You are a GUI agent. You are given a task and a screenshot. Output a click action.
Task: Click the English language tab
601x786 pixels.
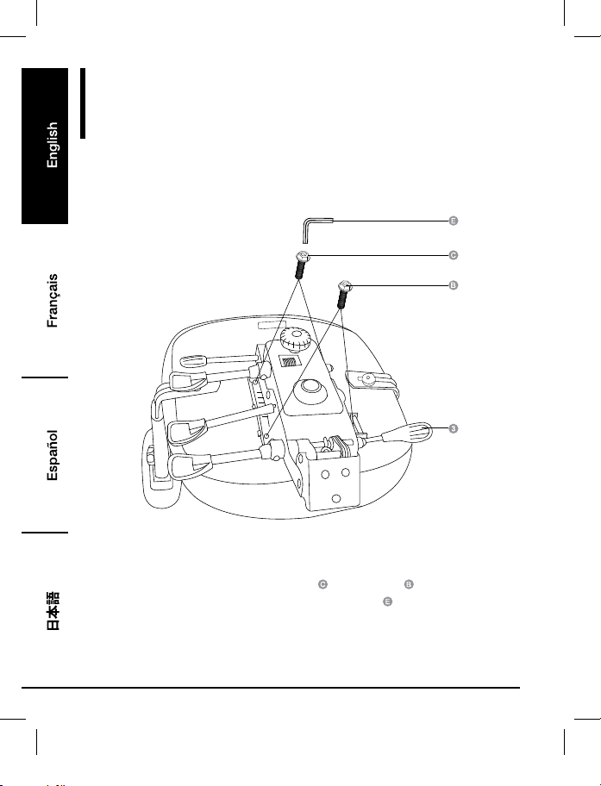coord(45,146)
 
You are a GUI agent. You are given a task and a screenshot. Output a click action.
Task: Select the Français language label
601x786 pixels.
coord(53,301)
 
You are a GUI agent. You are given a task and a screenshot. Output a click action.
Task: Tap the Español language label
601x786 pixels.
coord(53,455)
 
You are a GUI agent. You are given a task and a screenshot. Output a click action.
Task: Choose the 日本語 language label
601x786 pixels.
coord(53,610)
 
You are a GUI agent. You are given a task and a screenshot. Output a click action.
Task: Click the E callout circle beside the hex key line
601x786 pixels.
coord(454,221)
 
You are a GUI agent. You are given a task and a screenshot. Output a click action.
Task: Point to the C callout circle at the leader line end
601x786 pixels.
coord(454,255)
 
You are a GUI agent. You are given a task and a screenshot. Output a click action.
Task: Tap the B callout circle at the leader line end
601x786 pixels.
coord(454,285)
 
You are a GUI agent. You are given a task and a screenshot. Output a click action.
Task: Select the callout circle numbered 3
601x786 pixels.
coord(454,428)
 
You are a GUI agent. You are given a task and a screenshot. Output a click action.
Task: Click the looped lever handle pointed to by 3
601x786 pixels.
coord(407,431)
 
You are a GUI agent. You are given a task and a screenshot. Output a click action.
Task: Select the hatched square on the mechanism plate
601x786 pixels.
coord(289,363)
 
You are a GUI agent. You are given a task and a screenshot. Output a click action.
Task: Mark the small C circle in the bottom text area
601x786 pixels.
coord(322,584)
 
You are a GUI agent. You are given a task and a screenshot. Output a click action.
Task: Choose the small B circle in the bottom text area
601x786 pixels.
coord(409,584)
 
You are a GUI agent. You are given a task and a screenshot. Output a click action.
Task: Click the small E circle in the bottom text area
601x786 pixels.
coord(387,601)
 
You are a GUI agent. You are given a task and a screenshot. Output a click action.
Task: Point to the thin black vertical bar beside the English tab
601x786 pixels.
coord(83,103)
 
